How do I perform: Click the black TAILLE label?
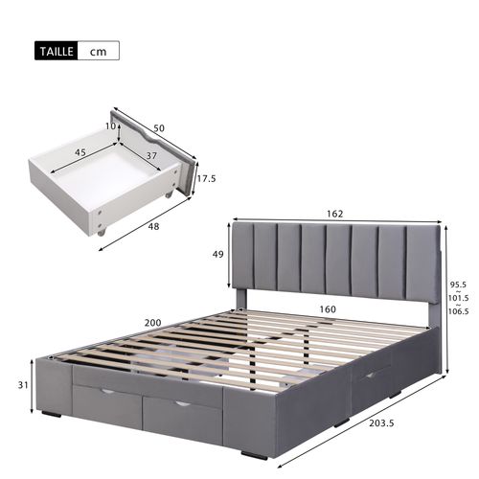[x=55, y=50]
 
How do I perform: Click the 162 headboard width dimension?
[x=333, y=214]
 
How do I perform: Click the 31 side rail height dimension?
[x=22, y=385]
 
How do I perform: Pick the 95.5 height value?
[x=460, y=285]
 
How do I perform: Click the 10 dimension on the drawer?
[x=109, y=125]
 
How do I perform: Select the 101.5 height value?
[x=460, y=297]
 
